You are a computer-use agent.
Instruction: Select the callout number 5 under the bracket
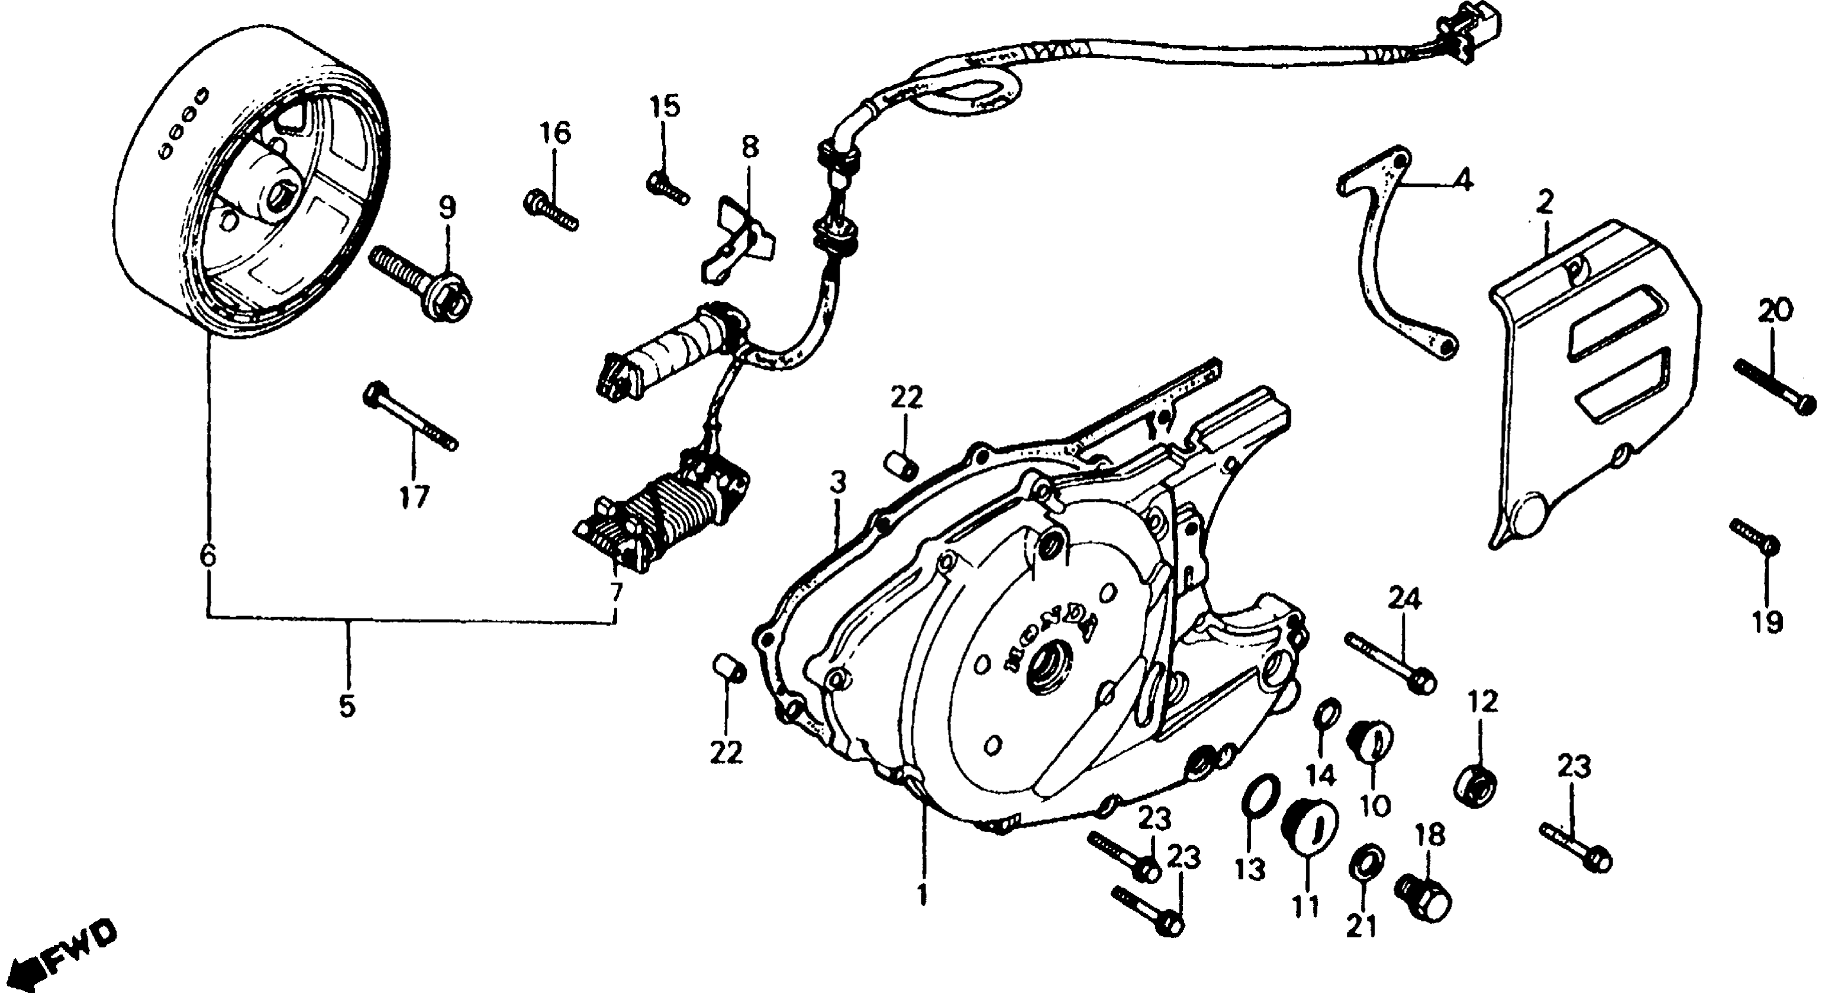pos(347,705)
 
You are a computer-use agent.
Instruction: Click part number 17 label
pos(414,497)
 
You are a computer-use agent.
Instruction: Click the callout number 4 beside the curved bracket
pos(1463,180)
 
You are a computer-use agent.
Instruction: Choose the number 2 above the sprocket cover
pos(1544,204)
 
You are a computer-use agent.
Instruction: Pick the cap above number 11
pos(1309,824)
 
